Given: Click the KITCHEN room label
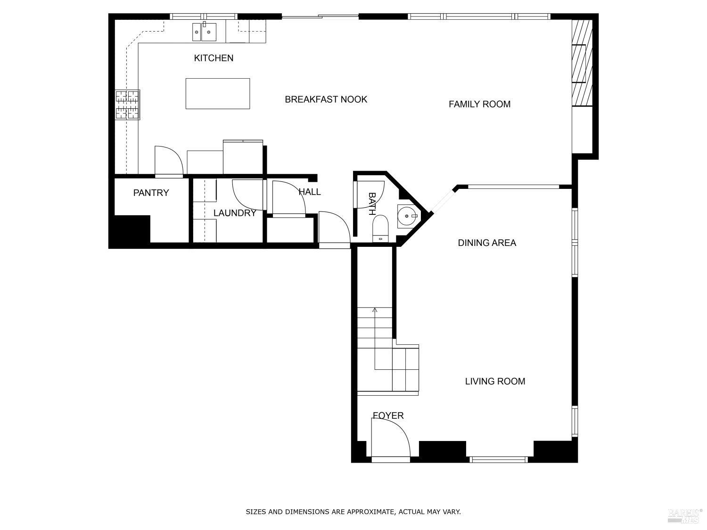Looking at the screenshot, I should (214, 58).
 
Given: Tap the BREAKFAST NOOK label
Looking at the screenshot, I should (326, 99).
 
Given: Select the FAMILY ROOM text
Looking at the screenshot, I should (479, 104).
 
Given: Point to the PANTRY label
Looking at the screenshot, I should (151, 193).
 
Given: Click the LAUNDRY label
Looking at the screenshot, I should (235, 213).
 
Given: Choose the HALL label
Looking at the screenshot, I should (310, 192).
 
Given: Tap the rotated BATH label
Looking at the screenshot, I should (372, 203).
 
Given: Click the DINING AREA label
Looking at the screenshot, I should (487, 243).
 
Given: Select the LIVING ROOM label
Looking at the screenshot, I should (495, 381).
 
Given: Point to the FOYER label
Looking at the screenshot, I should (388, 416).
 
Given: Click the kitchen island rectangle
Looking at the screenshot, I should (217, 94).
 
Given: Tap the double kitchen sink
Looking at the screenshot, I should (204, 32).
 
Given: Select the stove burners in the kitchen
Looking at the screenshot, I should (128, 105).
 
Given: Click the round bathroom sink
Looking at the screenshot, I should (406, 216).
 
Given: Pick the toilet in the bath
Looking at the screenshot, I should (380, 228).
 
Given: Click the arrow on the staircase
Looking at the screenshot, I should (375, 310).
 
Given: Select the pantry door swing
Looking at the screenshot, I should (168, 162).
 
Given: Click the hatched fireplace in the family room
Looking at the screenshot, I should (582, 63).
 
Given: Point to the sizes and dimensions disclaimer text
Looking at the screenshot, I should (353, 512).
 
